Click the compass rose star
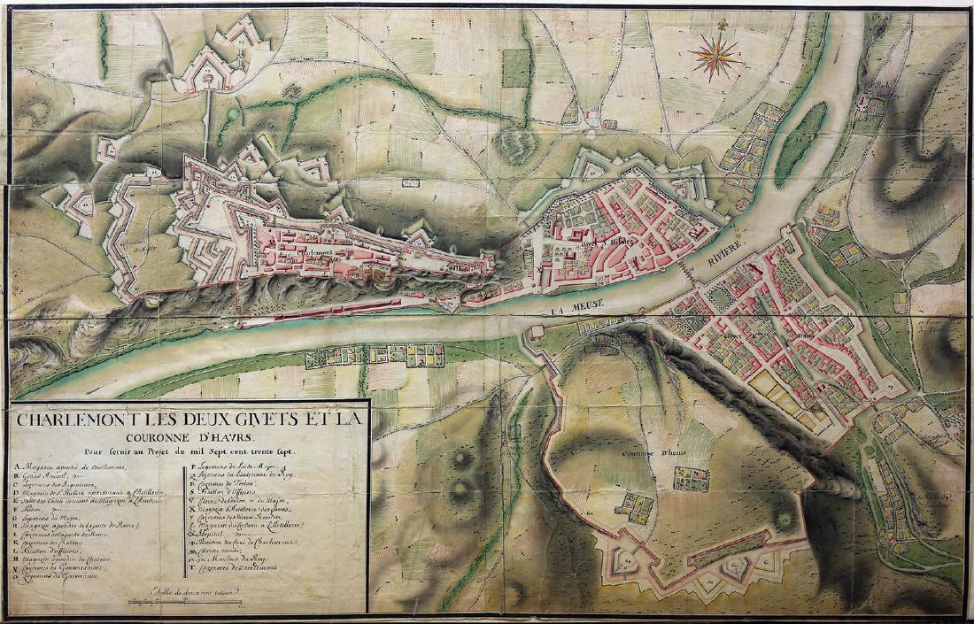tap(717, 58)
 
